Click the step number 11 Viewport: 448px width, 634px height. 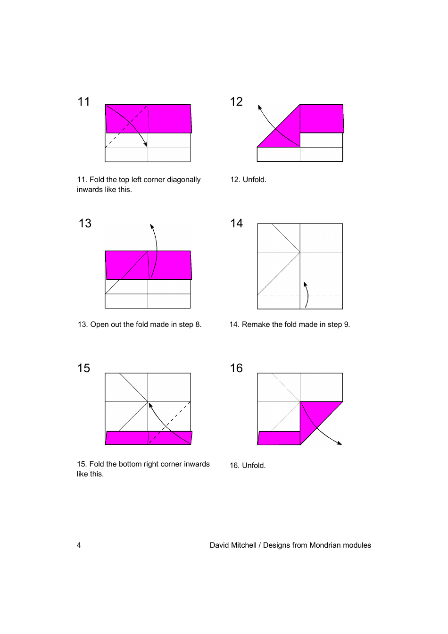83,101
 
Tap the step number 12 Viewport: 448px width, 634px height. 236,101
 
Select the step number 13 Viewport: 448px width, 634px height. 85,223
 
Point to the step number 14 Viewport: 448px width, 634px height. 236,223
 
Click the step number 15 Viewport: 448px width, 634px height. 83,368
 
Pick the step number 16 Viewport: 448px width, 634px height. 236,368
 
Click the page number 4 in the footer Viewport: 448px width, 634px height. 79,545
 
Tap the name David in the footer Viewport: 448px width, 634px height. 220,545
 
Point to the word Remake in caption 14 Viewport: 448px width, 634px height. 255,325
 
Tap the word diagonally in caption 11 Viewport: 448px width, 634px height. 183,180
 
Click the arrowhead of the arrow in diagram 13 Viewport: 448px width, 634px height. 152,226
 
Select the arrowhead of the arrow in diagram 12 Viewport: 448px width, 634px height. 259,107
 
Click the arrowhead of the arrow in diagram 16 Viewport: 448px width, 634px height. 339,443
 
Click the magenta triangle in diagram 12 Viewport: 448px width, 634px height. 285,134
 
